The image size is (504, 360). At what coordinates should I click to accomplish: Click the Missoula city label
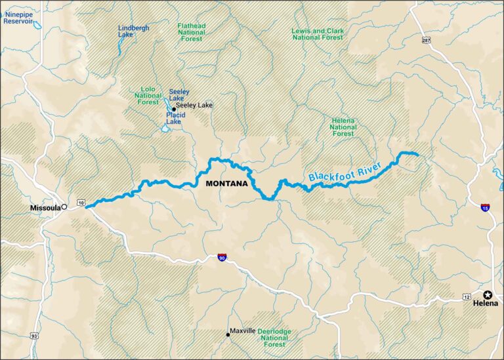[44, 208]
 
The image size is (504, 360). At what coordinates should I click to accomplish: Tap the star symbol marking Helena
[488, 295]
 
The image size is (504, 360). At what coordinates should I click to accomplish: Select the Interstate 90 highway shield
[222, 258]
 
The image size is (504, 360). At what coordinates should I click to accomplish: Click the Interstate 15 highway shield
[484, 208]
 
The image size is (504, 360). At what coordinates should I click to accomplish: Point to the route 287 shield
[426, 41]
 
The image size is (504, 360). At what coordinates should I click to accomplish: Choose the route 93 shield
[33, 336]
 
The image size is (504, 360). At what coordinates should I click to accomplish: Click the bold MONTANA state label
[226, 184]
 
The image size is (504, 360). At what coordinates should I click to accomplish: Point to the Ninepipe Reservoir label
[18, 17]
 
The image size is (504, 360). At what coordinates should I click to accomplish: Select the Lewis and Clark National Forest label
[317, 34]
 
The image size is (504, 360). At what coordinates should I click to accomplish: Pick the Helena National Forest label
[343, 126]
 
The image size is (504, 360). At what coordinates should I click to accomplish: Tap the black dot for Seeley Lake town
[174, 109]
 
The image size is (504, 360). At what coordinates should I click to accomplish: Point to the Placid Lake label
[175, 118]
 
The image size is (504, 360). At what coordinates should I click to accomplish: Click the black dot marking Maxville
[228, 334]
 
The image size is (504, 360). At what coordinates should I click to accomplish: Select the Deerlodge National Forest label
[275, 338]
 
